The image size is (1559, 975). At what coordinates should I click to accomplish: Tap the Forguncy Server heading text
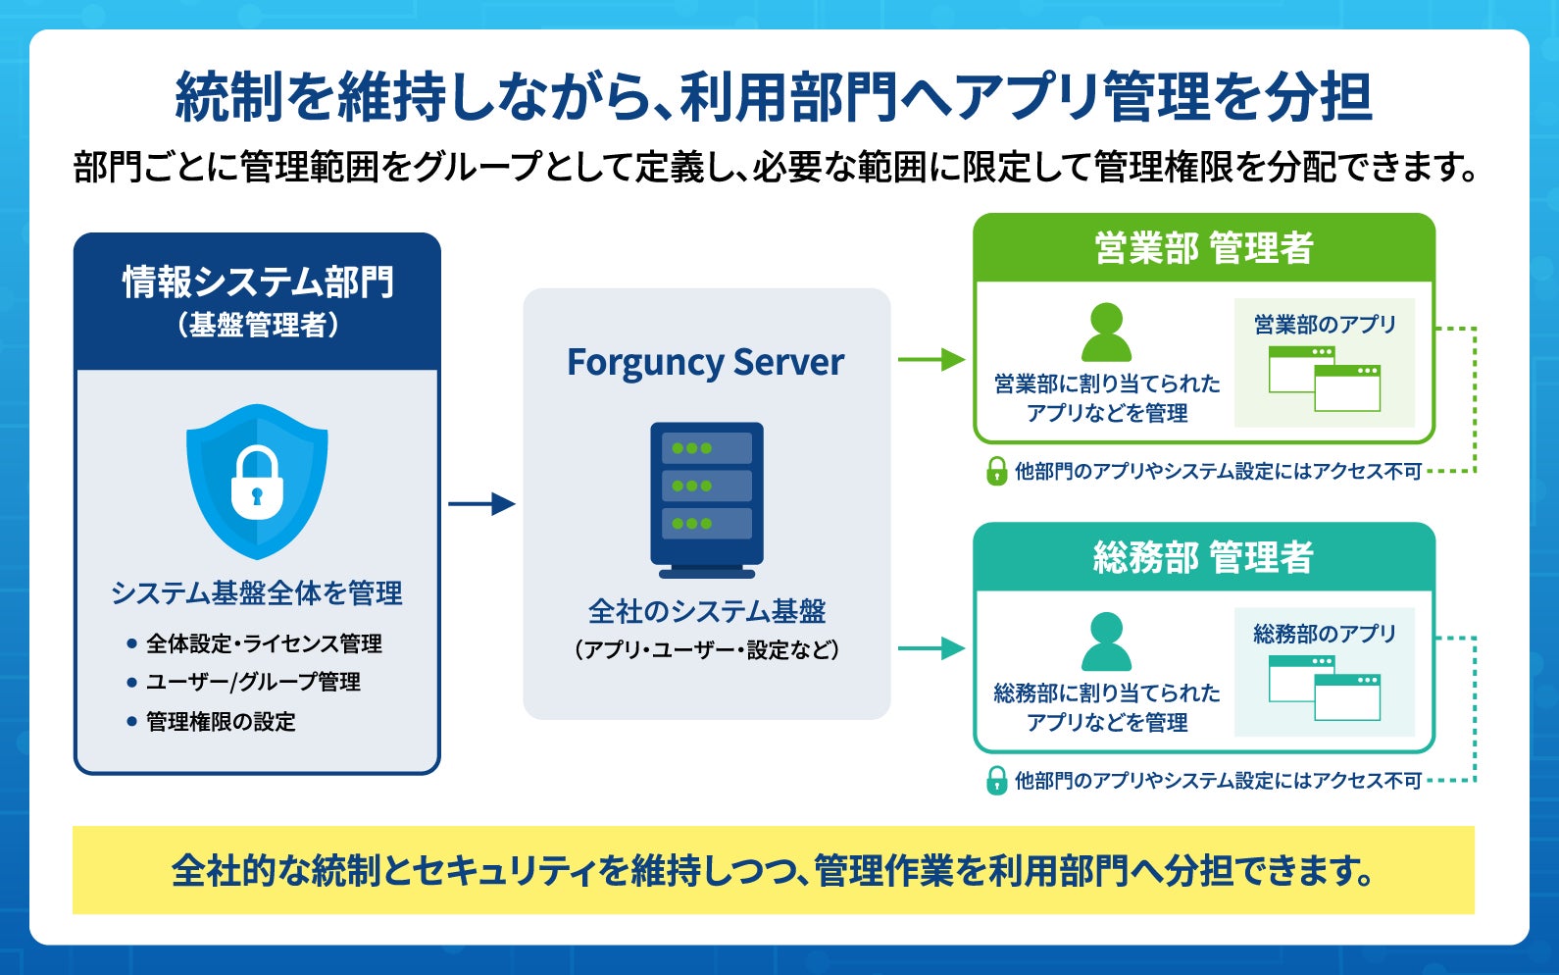(x=706, y=363)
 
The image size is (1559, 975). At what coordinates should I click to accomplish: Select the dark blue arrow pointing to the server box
(x=481, y=503)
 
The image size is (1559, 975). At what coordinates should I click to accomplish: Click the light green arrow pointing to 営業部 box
(x=931, y=359)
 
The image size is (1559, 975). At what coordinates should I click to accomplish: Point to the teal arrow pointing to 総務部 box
(x=931, y=648)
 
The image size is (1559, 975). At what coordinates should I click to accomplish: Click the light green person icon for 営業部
(x=1107, y=333)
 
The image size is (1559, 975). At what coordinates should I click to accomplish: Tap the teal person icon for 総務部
(x=1107, y=641)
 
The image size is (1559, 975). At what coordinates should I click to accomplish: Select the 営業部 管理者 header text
(x=1204, y=248)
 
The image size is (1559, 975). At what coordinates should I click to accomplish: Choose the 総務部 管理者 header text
(x=1204, y=557)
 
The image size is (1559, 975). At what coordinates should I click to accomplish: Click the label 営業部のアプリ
(x=1326, y=325)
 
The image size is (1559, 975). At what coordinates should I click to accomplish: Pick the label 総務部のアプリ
(x=1326, y=634)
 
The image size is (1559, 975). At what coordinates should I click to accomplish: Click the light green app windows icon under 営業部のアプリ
(x=1325, y=379)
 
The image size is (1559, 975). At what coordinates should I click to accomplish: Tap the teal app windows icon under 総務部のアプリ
(x=1325, y=688)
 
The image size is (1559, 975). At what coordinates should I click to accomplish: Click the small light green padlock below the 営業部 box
(x=996, y=472)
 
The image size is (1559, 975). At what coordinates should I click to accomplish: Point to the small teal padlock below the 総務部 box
(x=996, y=781)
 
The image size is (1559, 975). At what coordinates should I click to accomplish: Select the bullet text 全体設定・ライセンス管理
(x=264, y=643)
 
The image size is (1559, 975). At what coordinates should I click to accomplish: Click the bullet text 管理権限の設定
(x=221, y=722)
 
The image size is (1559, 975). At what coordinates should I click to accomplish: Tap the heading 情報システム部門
(x=258, y=282)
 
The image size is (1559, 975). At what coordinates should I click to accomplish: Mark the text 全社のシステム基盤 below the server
(x=707, y=611)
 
